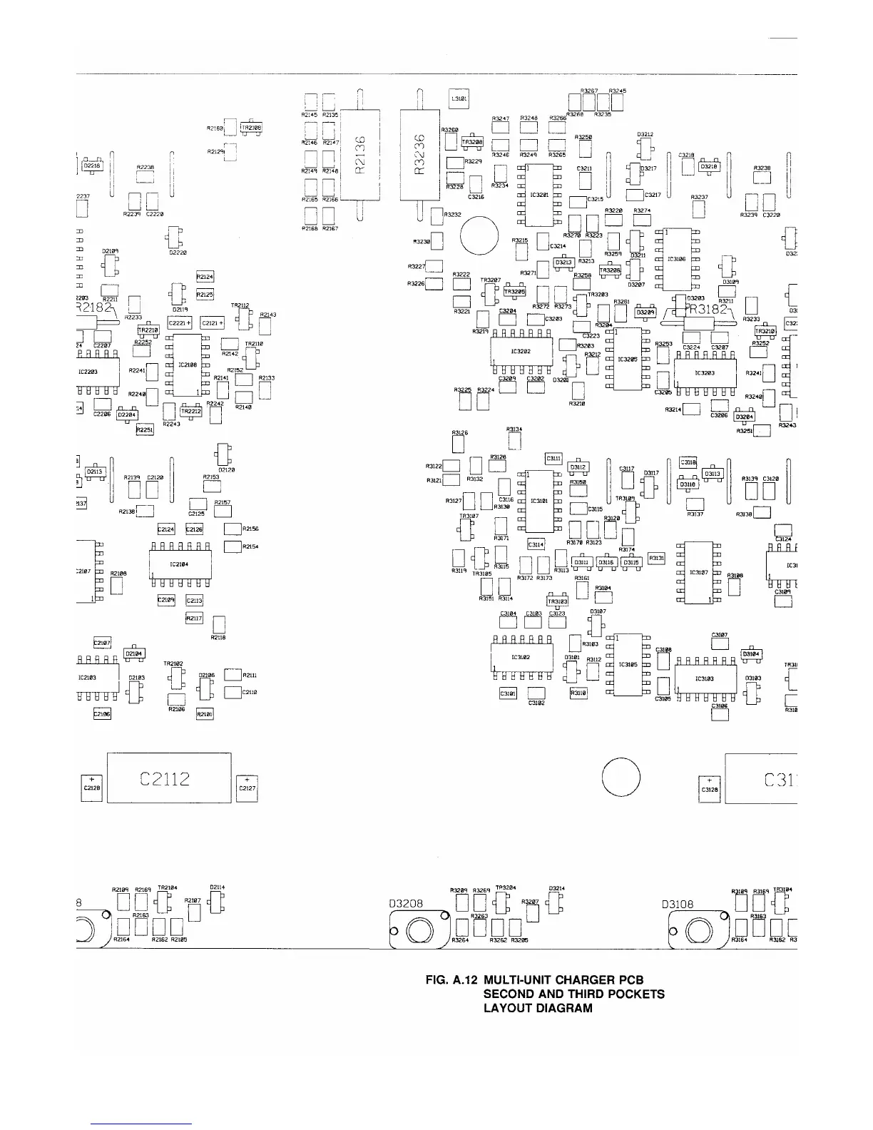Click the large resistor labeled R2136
coord(360,155)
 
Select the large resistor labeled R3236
coord(419,155)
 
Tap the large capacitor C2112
coord(169,778)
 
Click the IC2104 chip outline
coord(179,564)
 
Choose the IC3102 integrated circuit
coord(521,657)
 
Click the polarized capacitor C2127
coord(247,787)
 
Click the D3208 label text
coord(406,904)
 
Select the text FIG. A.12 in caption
coord(451,980)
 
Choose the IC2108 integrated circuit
coord(188,365)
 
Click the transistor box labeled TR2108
coord(252,128)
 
